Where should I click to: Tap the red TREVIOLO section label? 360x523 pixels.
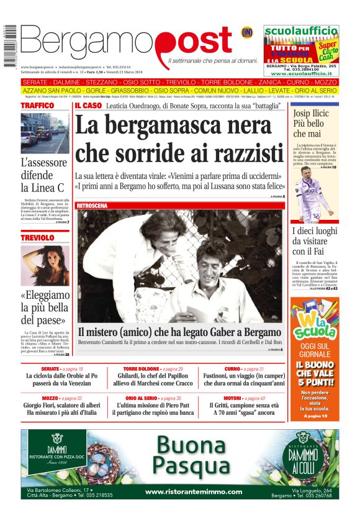pyautogui.click(x=38, y=238)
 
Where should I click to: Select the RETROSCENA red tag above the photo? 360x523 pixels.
pyautogui.click(x=92, y=205)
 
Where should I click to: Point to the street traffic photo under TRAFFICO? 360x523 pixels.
pyautogui.click(x=45, y=134)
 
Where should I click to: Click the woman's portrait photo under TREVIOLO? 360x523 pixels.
pyautogui.click(x=45, y=265)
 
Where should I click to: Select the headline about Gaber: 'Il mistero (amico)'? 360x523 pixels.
pyautogui.click(x=179, y=331)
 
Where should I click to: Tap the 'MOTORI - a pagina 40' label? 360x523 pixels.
pyautogui.click(x=244, y=398)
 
